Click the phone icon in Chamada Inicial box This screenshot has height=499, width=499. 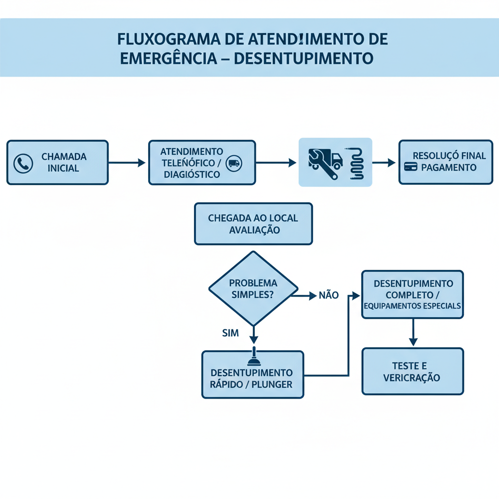click(x=23, y=164)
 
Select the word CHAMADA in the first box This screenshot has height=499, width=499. click(x=64, y=157)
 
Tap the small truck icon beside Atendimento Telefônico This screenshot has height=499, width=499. click(x=234, y=164)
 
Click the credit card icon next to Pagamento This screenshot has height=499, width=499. click(x=410, y=167)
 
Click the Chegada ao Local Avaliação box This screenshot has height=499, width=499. click(x=253, y=224)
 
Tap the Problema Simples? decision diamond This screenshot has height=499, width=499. click(x=253, y=288)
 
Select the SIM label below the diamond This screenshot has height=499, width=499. click(x=230, y=333)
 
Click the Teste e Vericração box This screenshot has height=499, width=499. click(x=412, y=371)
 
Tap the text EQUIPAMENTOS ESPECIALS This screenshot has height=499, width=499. click(x=412, y=307)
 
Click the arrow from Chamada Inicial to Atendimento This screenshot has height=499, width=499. click(x=127, y=163)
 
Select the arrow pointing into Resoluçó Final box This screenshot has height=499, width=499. click(x=385, y=163)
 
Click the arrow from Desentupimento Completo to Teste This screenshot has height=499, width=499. click(x=413, y=332)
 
